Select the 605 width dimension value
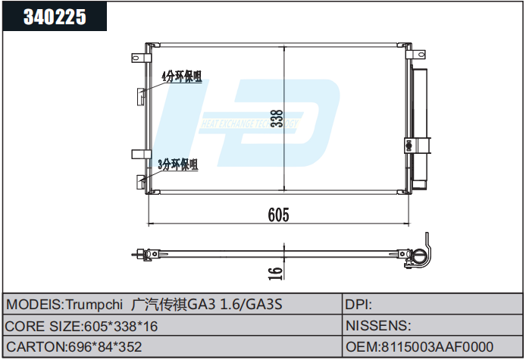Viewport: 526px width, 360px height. tap(278, 215)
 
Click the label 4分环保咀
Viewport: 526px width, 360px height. tap(181, 77)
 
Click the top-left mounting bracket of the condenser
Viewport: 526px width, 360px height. tap(139, 58)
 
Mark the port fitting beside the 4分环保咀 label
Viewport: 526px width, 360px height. tap(142, 94)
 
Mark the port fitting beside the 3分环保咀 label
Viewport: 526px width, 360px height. tap(142, 180)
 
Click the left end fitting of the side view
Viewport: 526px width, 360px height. tap(139, 255)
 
